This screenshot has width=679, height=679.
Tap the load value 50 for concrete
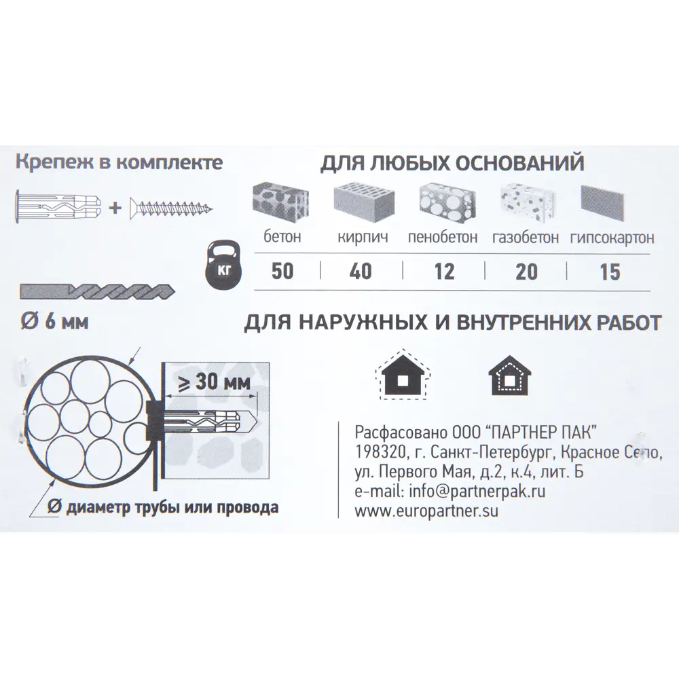pyautogui.click(x=282, y=272)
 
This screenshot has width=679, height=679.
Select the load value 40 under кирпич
pyautogui.click(x=360, y=272)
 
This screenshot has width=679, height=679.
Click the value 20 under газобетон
pyautogui.click(x=526, y=272)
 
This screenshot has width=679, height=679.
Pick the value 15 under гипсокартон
pyautogui.click(x=610, y=272)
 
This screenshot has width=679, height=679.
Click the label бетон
pyautogui.click(x=282, y=238)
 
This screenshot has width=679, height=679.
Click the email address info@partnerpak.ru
pyautogui.click(x=449, y=492)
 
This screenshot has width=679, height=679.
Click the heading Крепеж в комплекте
pyautogui.click(x=118, y=163)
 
